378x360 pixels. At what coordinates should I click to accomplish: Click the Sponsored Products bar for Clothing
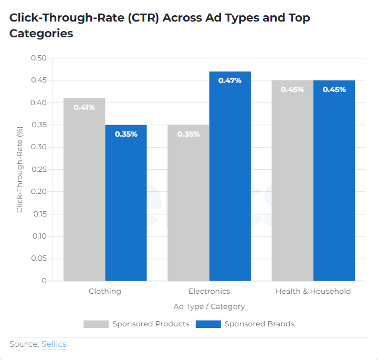[x=84, y=189]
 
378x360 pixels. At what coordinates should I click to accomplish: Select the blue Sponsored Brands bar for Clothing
[x=126, y=202]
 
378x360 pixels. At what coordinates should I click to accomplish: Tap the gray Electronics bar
[x=188, y=202]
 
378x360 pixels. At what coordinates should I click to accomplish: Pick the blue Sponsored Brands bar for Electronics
[x=230, y=176]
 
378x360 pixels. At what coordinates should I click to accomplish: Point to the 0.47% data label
[x=230, y=80]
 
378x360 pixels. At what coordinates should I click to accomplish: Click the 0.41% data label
[x=84, y=107]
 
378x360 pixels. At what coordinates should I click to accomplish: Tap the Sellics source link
[x=54, y=344]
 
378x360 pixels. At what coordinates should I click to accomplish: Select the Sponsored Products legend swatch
[x=96, y=324]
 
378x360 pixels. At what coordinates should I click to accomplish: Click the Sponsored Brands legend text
[x=259, y=324]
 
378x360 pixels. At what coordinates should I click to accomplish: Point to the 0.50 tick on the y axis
[x=39, y=58]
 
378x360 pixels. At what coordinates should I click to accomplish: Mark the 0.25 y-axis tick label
[x=39, y=169]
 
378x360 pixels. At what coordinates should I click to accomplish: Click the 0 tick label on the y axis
[x=44, y=281]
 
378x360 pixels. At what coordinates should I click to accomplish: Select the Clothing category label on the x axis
[x=105, y=291]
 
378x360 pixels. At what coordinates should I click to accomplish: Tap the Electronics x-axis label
[x=209, y=291]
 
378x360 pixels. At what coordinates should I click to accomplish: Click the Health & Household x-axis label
[x=313, y=291]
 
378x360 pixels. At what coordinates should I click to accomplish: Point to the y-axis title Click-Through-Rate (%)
[x=19, y=169]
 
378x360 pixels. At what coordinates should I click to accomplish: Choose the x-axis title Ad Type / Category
[x=209, y=306]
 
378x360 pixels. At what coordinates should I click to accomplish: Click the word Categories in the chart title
[x=41, y=34]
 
